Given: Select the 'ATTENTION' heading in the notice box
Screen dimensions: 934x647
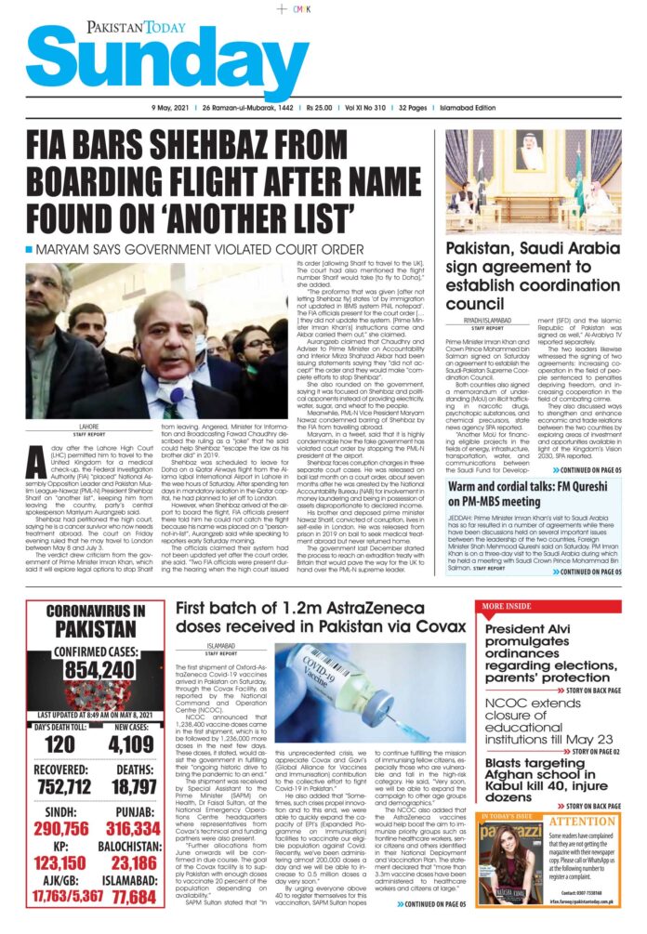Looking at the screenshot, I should pyautogui.click(x=582, y=822).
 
